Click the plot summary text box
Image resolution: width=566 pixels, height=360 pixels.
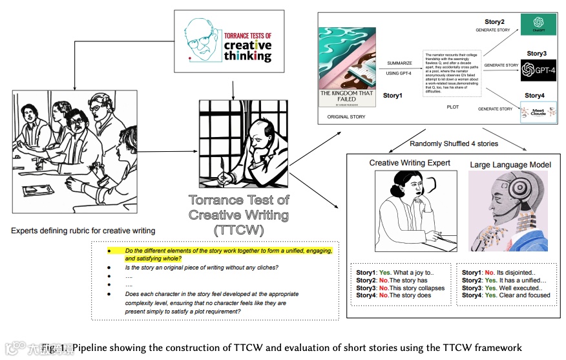[x=452, y=73]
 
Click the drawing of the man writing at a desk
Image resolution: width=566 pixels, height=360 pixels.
[x=240, y=144]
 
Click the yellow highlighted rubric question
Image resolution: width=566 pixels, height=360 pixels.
[x=227, y=254]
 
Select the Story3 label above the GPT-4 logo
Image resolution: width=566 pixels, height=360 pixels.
[x=536, y=54]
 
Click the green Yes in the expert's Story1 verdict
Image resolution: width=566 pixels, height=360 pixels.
[x=385, y=273]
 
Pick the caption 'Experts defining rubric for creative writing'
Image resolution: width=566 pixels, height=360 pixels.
[x=83, y=231]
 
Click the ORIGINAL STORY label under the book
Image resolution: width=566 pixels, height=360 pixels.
[x=347, y=117]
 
